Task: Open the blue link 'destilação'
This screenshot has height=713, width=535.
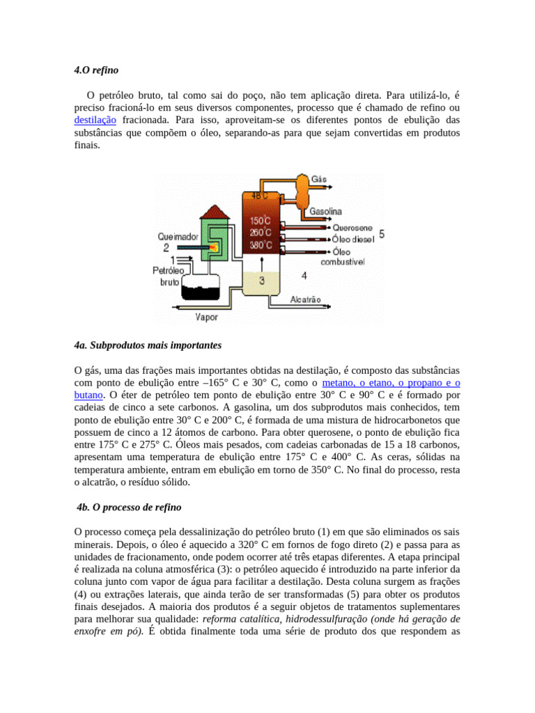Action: [98, 120]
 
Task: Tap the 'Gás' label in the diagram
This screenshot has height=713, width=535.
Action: [319, 179]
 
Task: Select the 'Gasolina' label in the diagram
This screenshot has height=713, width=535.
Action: [325, 211]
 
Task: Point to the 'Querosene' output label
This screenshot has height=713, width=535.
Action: [352, 227]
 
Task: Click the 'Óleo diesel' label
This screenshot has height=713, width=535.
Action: [353, 238]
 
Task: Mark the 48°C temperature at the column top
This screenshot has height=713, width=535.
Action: [259, 196]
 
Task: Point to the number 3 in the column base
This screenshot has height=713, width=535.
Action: [261, 281]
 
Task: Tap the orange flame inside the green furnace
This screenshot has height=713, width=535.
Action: [215, 246]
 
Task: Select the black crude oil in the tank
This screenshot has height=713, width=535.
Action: [200, 286]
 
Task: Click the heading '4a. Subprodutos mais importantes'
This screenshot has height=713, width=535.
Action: [148, 345]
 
